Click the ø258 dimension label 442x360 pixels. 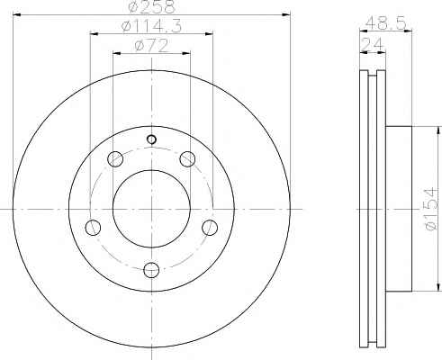click(x=151, y=6)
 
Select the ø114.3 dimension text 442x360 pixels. click(x=151, y=26)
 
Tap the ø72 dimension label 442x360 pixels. click(x=151, y=46)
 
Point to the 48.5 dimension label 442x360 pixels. click(x=386, y=22)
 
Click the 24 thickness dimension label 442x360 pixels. click(x=373, y=45)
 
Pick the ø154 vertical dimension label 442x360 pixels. click(x=431, y=209)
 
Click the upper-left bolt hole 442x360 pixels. click(x=115, y=158)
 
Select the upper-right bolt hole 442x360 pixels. click(x=187, y=158)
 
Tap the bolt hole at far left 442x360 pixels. click(x=93, y=228)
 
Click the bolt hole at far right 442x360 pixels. click(x=210, y=228)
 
